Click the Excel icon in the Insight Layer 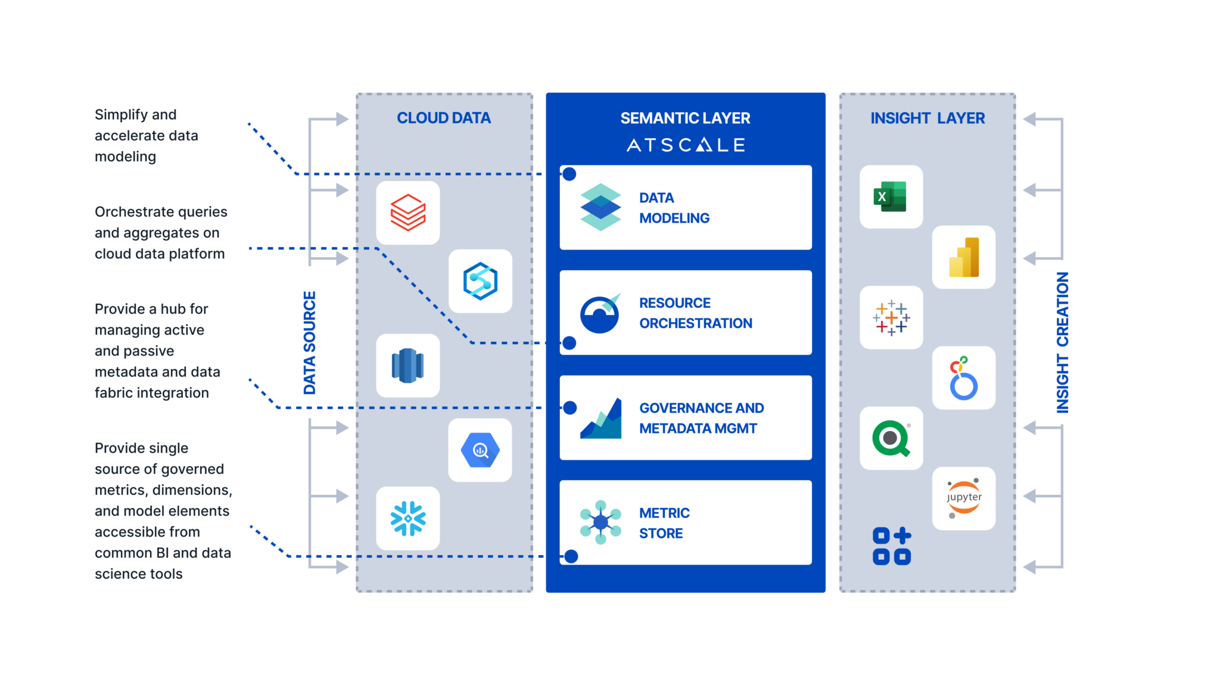click(x=891, y=197)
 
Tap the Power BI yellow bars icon click(x=963, y=257)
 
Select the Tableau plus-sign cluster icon click(x=891, y=317)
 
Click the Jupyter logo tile click(x=963, y=498)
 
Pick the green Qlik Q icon click(x=891, y=438)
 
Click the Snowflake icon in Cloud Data click(x=408, y=518)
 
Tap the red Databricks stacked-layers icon click(x=408, y=213)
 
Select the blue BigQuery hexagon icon click(x=480, y=450)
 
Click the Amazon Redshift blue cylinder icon click(x=408, y=366)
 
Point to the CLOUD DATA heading click(x=444, y=118)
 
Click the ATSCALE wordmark click(x=686, y=145)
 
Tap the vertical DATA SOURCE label click(x=310, y=342)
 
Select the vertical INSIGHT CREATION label click(x=1062, y=342)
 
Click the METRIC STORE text click(x=664, y=523)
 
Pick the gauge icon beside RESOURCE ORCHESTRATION click(x=600, y=313)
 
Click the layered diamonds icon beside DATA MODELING click(x=600, y=207)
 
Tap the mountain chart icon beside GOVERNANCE click(x=600, y=419)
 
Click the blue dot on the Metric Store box click(x=571, y=556)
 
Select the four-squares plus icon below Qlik click(x=891, y=545)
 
